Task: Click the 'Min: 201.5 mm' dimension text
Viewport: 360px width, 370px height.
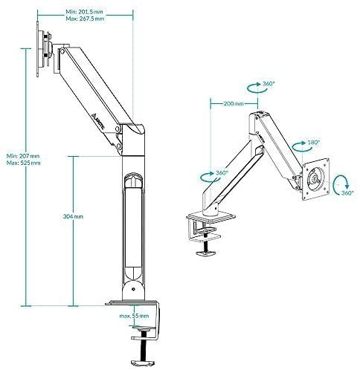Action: [x=84, y=12]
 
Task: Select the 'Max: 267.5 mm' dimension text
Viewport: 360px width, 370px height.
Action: [x=85, y=19]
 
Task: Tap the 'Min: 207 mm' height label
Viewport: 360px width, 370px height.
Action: [x=23, y=156]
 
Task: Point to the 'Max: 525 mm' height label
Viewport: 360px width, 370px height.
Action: [x=24, y=163]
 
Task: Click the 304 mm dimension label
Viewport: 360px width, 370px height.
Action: [x=73, y=216]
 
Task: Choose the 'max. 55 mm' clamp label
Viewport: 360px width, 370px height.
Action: [x=134, y=316]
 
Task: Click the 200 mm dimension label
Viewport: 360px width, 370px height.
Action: [x=234, y=103]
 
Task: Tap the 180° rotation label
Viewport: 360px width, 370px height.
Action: [x=314, y=143]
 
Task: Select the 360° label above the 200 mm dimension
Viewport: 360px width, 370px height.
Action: [x=269, y=83]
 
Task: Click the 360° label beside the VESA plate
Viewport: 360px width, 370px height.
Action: [x=347, y=193]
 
